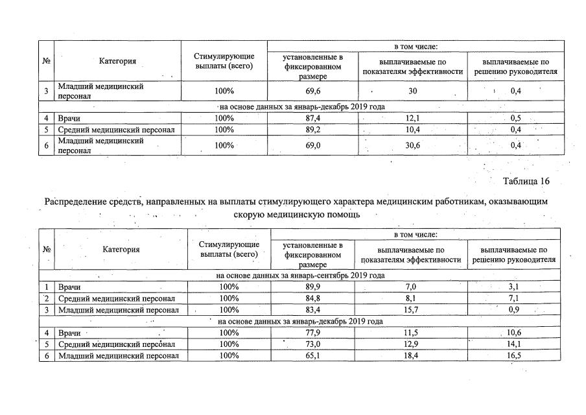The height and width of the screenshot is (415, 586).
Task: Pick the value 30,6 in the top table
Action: coord(412,145)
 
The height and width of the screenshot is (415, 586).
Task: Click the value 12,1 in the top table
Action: coord(412,118)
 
